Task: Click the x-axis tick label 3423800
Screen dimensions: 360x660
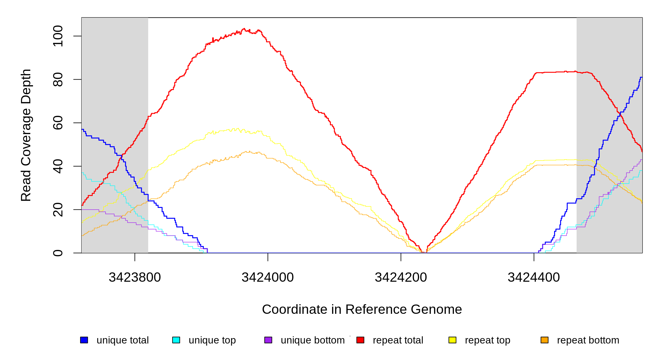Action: point(135,277)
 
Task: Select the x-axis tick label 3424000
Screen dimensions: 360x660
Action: point(268,277)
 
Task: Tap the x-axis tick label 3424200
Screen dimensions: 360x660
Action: point(401,277)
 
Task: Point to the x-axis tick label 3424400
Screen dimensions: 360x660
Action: point(534,277)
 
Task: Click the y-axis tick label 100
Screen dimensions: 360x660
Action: point(58,36)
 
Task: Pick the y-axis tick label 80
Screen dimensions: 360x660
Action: point(58,79)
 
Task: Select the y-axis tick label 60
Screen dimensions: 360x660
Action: point(58,123)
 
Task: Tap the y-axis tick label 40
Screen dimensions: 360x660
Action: point(58,166)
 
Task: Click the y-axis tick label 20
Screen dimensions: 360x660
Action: point(58,209)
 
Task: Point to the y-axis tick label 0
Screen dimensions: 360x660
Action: point(58,253)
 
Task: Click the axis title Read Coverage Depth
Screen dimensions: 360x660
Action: point(26,135)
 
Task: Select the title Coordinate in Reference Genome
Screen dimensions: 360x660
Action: point(362,309)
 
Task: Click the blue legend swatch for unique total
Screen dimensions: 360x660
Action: point(84,340)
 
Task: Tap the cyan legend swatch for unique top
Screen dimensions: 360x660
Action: point(176,340)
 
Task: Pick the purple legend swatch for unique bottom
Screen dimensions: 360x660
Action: point(268,340)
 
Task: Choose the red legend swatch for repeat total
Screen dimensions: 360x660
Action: point(360,340)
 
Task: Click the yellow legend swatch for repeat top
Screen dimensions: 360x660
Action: point(452,340)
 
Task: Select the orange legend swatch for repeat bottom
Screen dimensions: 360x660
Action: point(544,340)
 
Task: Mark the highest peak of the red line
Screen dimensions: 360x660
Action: point(244,29)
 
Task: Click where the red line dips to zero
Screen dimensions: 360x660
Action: point(424,252)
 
